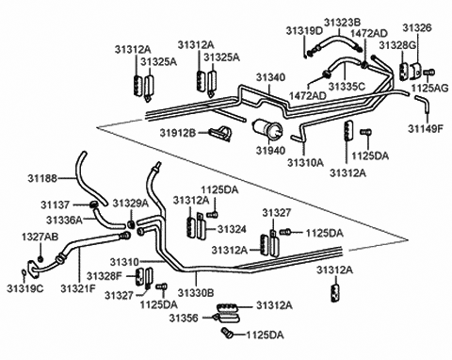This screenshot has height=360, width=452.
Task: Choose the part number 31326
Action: pos(418,30)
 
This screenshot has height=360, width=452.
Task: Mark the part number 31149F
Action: pos(425,128)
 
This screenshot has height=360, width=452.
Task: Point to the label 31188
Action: pos(41,177)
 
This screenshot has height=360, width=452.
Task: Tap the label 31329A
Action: pos(131,203)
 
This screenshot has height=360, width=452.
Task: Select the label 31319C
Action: pos(27,286)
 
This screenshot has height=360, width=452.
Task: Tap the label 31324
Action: pos(232,229)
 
